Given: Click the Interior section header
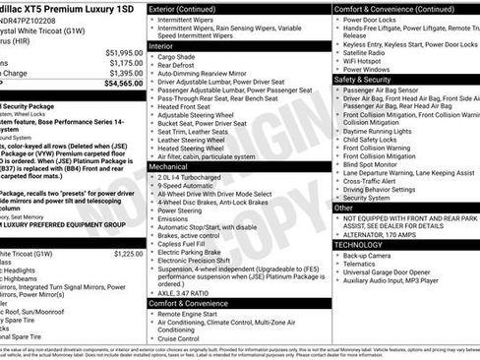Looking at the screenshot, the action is coord(163,45).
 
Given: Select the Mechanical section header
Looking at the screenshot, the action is coord(169,167).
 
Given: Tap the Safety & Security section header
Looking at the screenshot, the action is coord(370,79).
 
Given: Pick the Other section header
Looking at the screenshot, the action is coord(343,209).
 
